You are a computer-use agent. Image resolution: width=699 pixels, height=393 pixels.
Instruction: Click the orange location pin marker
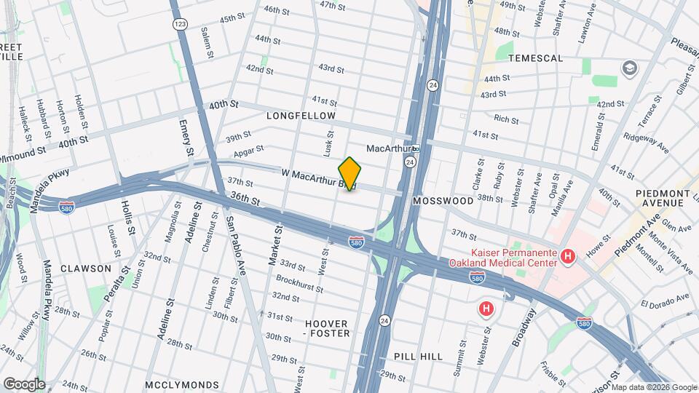pyautogui.click(x=349, y=174)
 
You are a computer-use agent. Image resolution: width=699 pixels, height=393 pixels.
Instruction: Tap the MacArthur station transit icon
pyautogui.click(x=416, y=148)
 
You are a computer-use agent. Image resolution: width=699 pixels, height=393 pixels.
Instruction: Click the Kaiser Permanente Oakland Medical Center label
pyautogui.click(x=503, y=258)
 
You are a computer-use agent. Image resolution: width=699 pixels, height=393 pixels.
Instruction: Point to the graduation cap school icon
pyautogui.click(x=628, y=68)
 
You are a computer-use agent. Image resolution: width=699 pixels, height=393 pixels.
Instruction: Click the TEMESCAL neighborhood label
pyautogui.click(x=536, y=57)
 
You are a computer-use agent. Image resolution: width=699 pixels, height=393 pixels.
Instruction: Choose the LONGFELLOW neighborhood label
pyautogui.click(x=301, y=116)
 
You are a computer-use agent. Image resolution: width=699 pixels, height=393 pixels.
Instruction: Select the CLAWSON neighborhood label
pyautogui.click(x=86, y=268)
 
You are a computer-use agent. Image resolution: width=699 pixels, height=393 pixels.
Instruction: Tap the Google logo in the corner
pyautogui.click(x=23, y=384)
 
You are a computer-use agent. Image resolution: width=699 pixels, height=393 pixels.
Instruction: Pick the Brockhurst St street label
pyautogui.click(x=299, y=283)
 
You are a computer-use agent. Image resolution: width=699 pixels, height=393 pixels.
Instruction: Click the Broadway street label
pyautogui.click(x=525, y=327)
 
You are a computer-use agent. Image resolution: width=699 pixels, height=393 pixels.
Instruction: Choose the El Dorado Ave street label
pyautogui.click(x=664, y=298)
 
